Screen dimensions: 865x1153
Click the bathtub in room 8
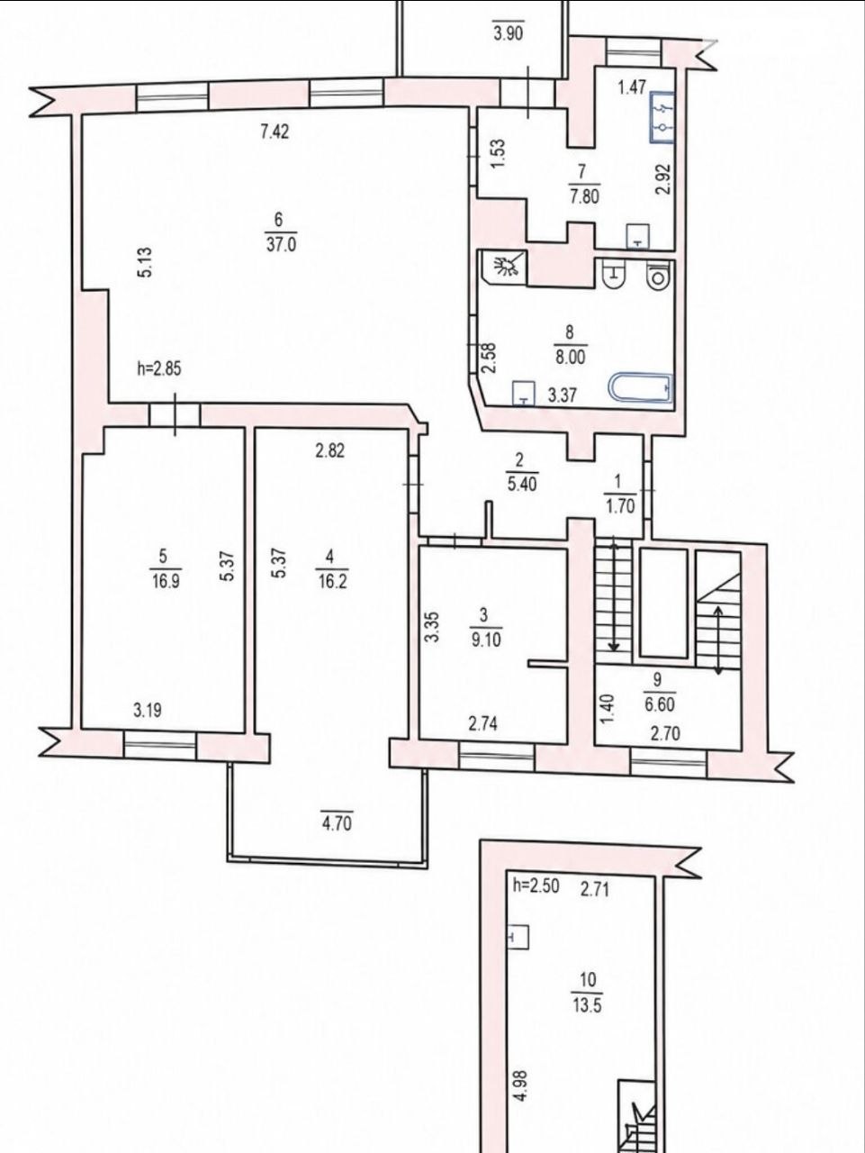pos(641,389)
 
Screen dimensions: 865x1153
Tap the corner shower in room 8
pos(505,268)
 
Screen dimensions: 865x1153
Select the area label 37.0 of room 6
pos(282,245)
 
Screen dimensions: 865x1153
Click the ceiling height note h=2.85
pos(159,369)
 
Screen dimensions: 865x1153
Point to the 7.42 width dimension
pos(275,131)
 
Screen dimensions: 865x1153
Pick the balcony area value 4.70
pos(336,822)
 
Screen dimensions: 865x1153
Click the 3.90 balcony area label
pos(509,33)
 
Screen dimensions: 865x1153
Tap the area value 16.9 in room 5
pos(166,582)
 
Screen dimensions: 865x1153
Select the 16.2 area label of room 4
pos(331,582)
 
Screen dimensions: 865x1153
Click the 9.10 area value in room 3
pos(487,640)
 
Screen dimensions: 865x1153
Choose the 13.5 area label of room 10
pos(588,1005)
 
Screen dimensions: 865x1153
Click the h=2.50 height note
pos(536,885)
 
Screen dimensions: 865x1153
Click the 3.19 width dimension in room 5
pos(148,711)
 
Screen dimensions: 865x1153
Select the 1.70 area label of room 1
pos(620,507)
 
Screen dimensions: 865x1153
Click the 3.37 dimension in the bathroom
pos(563,395)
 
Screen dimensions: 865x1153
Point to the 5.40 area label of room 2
pos(522,483)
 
